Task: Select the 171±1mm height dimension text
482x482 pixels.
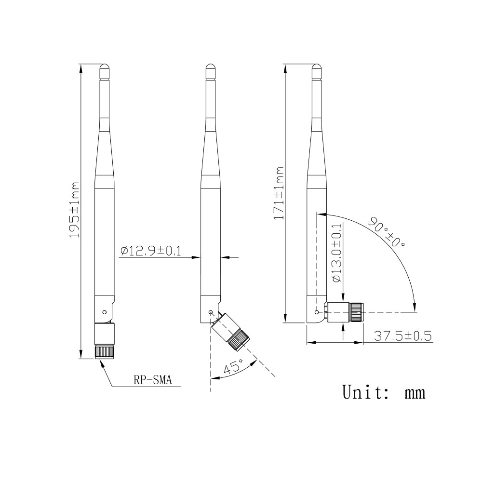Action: [x=279, y=193]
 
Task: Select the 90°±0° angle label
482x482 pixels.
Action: [x=387, y=232]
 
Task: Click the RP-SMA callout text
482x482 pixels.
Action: [x=152, y=380]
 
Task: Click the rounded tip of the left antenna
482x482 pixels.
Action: [x=104, y=67]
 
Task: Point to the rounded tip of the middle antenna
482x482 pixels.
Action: [x=210, y=67]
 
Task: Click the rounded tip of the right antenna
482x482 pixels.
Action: [x=316, y=67]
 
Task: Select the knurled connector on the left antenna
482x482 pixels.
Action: [x=104, y=351]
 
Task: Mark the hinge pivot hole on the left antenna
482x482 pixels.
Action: [x=105, y=311]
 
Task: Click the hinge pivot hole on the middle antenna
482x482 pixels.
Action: [x=211, y=312]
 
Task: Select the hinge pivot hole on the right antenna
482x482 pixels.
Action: [x=317, y=312]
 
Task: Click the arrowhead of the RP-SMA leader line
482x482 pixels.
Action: [x=101, y=362]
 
